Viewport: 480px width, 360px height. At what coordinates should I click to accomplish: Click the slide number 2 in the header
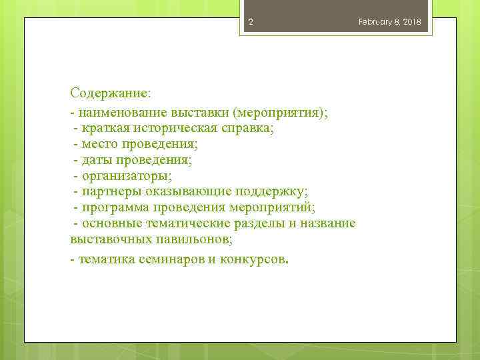coord(251,22)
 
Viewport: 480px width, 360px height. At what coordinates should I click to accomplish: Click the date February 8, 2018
coord(389,22)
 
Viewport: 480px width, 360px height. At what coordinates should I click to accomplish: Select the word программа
coord(117,207)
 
